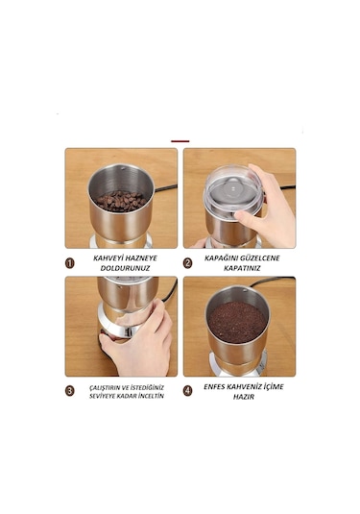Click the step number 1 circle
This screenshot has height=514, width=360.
tap(71, 261)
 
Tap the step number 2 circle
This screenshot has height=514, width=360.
tap(189, 261)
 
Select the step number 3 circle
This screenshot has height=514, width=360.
tap(71, 391)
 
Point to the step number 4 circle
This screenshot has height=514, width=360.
tap(189, 391)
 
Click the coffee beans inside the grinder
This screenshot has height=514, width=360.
tap(121, 200)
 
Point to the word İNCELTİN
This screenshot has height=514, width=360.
tap(150, 396)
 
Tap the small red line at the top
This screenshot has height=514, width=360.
tap(180, 141)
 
